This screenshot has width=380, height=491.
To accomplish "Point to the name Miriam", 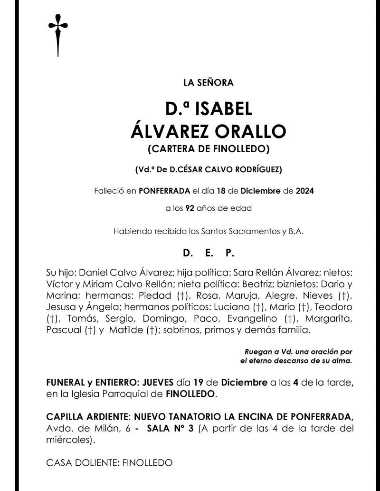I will (95, 285).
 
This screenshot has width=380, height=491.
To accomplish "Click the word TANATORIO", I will (199, 417).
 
